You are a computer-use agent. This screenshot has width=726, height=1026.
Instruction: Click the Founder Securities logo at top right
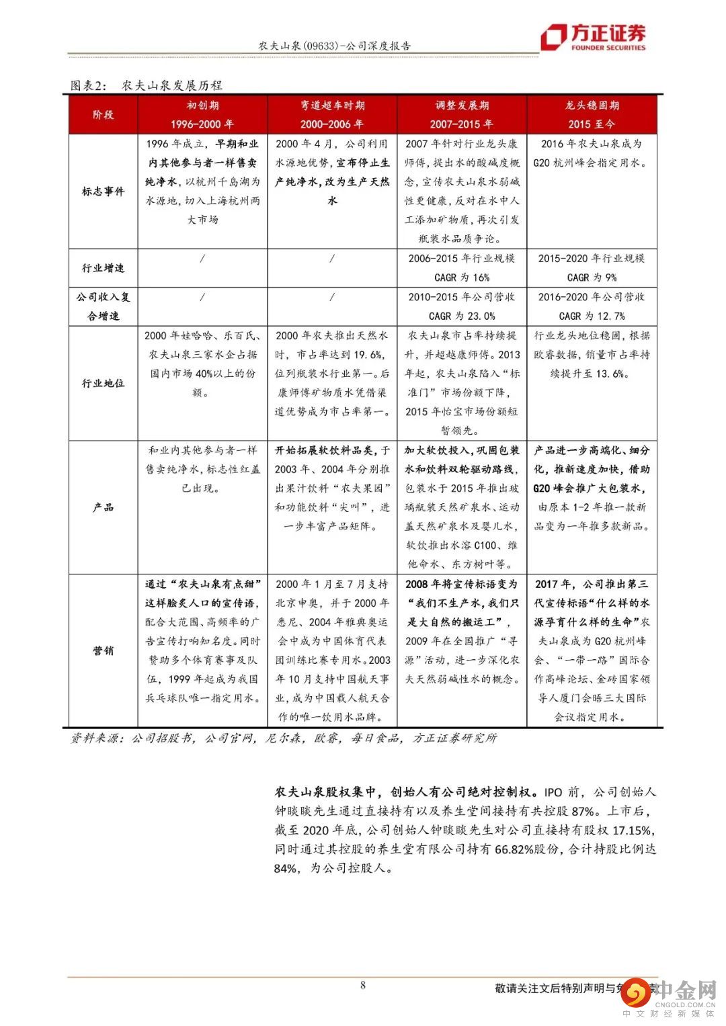pyautogui.click(x=594, y=37)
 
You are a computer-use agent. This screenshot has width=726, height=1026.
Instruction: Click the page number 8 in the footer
pyautogui.click(x=363, y=985)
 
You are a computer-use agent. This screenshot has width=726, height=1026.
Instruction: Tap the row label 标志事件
pyautogui.click(x=104, y=191)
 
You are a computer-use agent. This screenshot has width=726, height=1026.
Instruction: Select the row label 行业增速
pyautogui.click(x=104, y=268)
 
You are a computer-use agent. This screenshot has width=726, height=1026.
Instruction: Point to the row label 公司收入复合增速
pyautogui.click(x=104, y=306)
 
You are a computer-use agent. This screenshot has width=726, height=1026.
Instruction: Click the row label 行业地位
pyautogui.click(x=104, y=383)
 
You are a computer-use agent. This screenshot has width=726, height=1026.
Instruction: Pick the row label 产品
pyautogui.click(x=104, y=507)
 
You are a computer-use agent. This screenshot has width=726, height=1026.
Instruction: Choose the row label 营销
pyautogui.click(x=104, y=650)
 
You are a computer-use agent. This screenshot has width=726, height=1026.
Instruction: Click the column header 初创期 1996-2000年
pyautogui.click(x=202, y=115)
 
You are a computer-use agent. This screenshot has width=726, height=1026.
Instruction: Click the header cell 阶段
pyautogui.click(x=104, y=115)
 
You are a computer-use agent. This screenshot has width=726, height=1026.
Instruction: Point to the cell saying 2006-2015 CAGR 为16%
pyautogui.click(x=462, y=267)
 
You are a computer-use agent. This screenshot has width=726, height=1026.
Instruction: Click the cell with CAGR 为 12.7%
pyautogui.click(x=592, y=306)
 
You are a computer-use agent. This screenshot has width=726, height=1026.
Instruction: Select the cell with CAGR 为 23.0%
pyautogui.click(x=462, y=306)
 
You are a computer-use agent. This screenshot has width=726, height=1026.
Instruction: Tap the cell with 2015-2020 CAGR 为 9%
pyautogui.click(x=592, y=267)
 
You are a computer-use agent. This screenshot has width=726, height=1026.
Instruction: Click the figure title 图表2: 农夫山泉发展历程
pyautogui.click(x=147, y=85)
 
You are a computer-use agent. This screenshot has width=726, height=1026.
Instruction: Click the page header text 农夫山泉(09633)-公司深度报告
pyautogui.click(x=335, y=46)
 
